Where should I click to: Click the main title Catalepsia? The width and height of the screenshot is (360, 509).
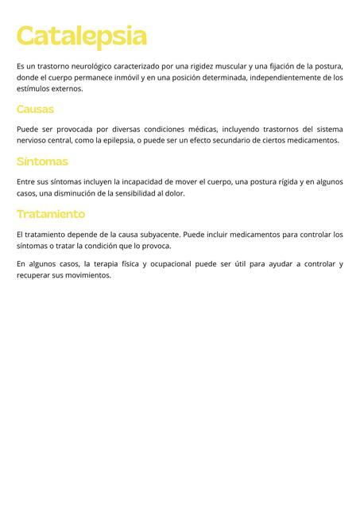tap(81, 36)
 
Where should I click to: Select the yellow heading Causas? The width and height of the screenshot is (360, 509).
tap(35, 109)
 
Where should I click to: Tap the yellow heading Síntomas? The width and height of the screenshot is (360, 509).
tap(42, 161)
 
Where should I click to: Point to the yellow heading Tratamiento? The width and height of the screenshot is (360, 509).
tap(50, 214)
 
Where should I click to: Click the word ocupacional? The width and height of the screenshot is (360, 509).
tap(171, 264)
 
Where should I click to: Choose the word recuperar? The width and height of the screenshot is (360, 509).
tap(33, 276)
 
